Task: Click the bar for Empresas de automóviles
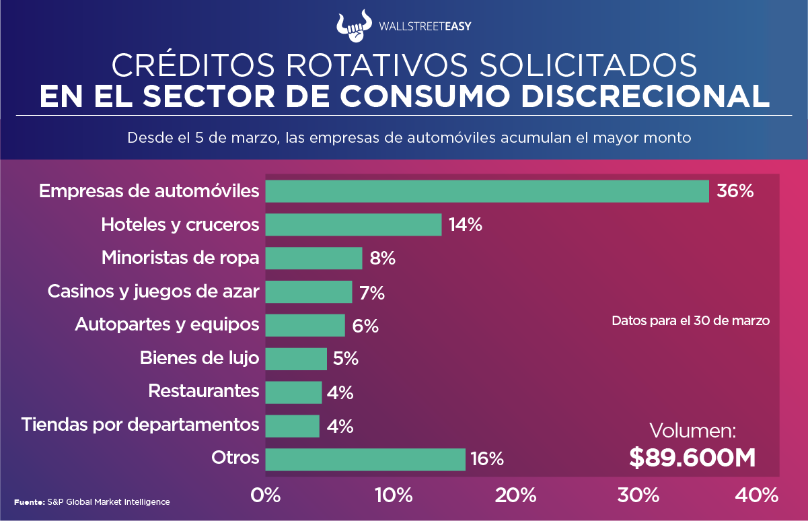[x=487, y=191]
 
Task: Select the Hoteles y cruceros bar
[x=353, y=225]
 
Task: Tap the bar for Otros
[x=365, y=459]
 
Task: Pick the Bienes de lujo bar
[x=296, y=359]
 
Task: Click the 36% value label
[x=735, y=191]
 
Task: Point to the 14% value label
[x=466, y=225]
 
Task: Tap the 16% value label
[x=487, y=459]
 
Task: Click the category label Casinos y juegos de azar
[x=153, y=292]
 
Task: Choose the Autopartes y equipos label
[x=167, y=324]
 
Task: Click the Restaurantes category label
[x=203, y=391]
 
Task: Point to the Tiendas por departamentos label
[x=140, y=425]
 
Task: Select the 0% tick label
[x=265, y=496]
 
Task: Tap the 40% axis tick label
[x=757, y=496]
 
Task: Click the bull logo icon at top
[x=354, y=24]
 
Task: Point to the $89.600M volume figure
[x=692, y=458]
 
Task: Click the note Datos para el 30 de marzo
[x=690, y=321]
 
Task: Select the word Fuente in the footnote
[x=28, y=502]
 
